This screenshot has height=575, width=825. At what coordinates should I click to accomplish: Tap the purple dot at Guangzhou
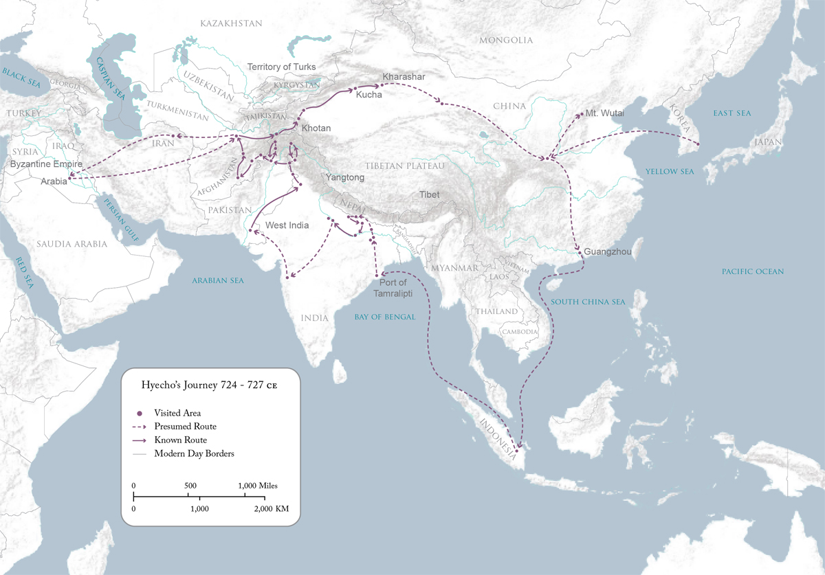tap(581, 253)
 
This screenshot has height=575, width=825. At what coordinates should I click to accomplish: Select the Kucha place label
tap(368, 95)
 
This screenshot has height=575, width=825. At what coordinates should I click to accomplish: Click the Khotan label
tap(316, 128)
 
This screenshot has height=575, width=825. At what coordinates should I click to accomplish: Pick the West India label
tap(287, 225)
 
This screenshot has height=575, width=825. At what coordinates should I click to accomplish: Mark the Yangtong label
tap(345, 177)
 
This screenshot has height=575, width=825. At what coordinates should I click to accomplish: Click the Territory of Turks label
tap(281, 67)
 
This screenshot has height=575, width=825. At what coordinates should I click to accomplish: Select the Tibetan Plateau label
tap(405, 166)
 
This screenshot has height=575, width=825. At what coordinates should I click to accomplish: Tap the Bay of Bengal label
tap(385, 317)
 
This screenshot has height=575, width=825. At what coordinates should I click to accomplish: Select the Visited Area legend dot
tap(139, 414)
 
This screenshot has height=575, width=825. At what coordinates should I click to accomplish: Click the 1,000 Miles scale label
tap(258, 486)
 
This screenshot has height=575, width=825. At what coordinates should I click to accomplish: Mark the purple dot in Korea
tap(698, 144)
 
